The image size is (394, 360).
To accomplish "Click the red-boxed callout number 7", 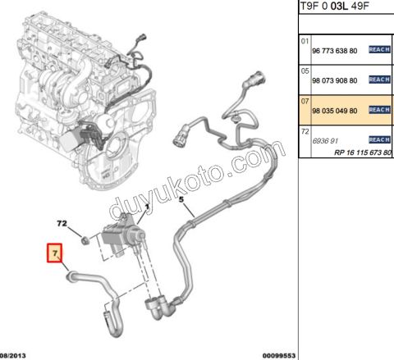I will point(56,253).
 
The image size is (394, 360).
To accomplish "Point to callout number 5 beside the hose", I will point(182,200).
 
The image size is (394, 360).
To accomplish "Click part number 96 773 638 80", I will point(335,50).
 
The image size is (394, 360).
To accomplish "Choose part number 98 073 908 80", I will point(335,80).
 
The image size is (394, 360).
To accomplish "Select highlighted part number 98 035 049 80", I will point(335,109).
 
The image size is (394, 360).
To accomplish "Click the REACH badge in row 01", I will point(379,50).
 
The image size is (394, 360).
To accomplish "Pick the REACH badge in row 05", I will point(379,80).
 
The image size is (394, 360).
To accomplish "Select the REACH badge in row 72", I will point(379,140).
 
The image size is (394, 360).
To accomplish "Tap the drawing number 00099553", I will point(277,355).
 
